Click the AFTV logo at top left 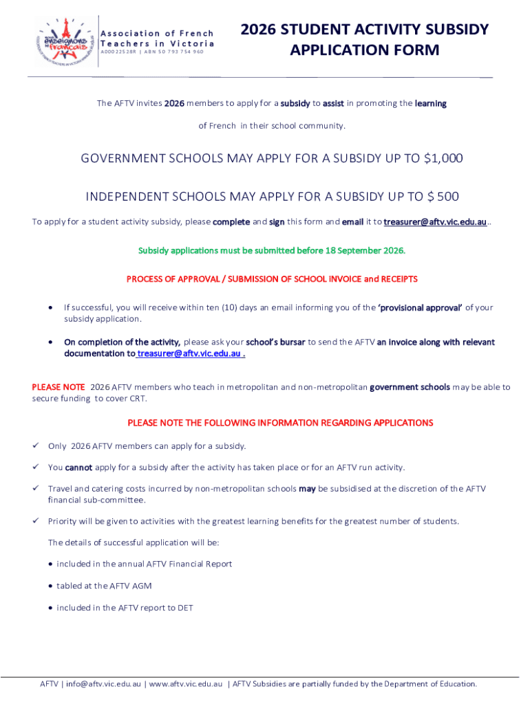pos(63,41)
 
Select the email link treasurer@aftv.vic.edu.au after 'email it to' pos(435,222)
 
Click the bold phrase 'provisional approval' pos(420,307)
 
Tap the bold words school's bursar pos(275,342)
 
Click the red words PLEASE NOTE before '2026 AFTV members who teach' pos(59,387)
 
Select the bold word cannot pos(78,467)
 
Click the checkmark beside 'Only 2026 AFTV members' pos(36,446)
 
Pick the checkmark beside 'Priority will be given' pos(36,521)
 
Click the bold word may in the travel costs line pos(307,489)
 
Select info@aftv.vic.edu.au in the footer pos(104,684)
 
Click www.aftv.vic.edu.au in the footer pos(186,684)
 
